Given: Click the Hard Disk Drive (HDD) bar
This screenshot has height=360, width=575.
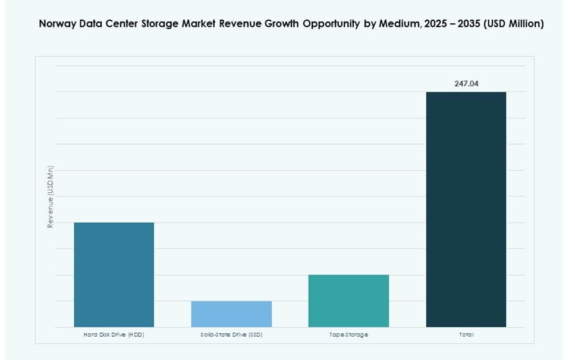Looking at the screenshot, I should [x=114, y=274].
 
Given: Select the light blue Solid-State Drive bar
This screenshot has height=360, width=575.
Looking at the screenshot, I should [x=231, y=314].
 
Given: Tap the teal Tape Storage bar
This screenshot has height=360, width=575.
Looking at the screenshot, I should [x=348, y=300].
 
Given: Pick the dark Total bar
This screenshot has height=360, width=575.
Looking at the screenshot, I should [x=466, y=209].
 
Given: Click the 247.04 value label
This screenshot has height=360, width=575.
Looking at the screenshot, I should [x=466, y=84].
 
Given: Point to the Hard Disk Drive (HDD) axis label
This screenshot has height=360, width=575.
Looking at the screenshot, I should [x=114, y=335].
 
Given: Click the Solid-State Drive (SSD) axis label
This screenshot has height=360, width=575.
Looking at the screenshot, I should [x=231, y=335].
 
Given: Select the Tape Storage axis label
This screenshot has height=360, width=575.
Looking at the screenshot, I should [x=348, y=335].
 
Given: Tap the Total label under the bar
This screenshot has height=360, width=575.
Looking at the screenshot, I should [x=466, y=335].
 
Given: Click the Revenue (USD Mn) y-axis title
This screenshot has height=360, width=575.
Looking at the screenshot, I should [x=50, y=197].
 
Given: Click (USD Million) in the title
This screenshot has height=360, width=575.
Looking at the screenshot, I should [x=517, y=24].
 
